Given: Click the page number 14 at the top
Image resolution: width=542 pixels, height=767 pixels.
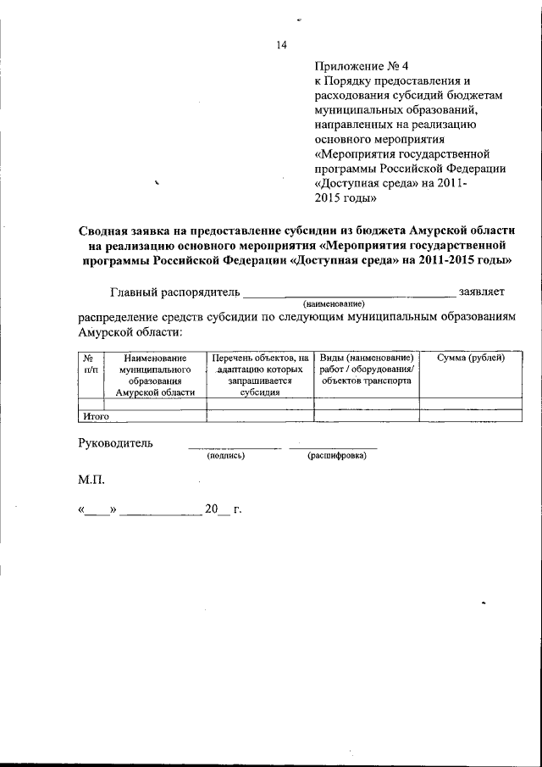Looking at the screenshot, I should coord(282,46).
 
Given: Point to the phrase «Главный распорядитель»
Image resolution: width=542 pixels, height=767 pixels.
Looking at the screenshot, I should coord(176,292).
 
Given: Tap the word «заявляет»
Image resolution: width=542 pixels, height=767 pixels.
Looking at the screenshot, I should coord(482,292).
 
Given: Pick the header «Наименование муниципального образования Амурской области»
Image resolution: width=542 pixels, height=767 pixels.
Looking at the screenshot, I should coord(155,375).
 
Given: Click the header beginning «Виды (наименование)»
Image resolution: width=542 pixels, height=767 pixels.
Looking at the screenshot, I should coord(366,370).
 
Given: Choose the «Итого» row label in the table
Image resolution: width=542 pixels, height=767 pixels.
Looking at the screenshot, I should coord(96,417).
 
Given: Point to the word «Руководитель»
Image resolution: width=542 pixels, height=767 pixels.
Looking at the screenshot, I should coord(116,443).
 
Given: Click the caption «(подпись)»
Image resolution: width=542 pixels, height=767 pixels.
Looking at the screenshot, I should coord(225,456).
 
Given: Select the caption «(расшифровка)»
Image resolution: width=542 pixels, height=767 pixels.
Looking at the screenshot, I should coord(337,456).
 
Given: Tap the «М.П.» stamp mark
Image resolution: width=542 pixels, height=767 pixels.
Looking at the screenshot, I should coord(91,480).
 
